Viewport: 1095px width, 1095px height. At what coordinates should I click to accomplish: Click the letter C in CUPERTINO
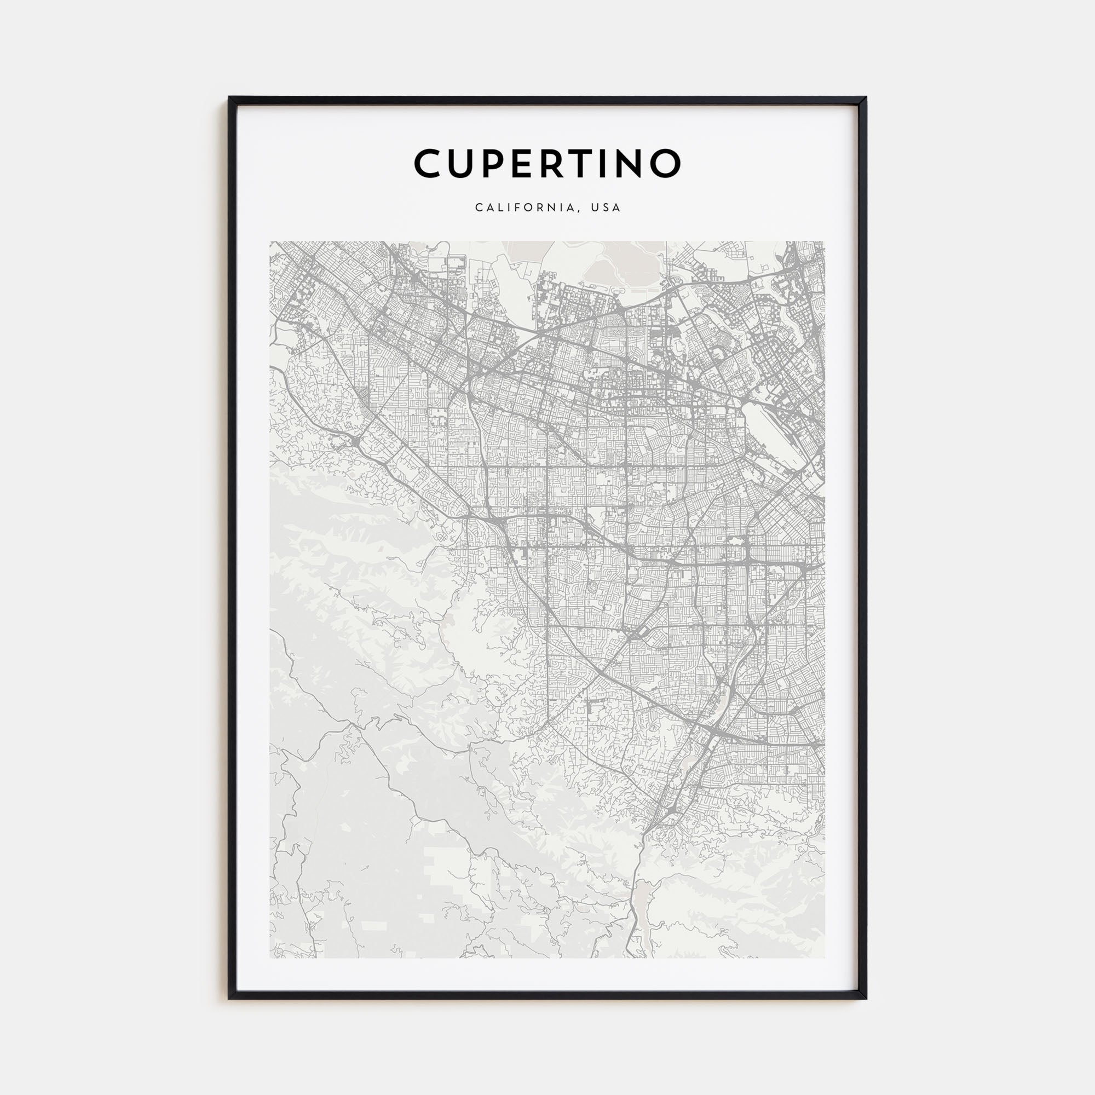[x=431, y=164]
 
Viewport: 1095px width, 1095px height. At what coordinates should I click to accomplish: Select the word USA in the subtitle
[x=606, y=208]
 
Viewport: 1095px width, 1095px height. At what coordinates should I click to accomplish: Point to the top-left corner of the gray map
[x=270, y=242]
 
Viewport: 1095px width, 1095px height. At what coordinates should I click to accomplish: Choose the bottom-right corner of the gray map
[x=824, y=957]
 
